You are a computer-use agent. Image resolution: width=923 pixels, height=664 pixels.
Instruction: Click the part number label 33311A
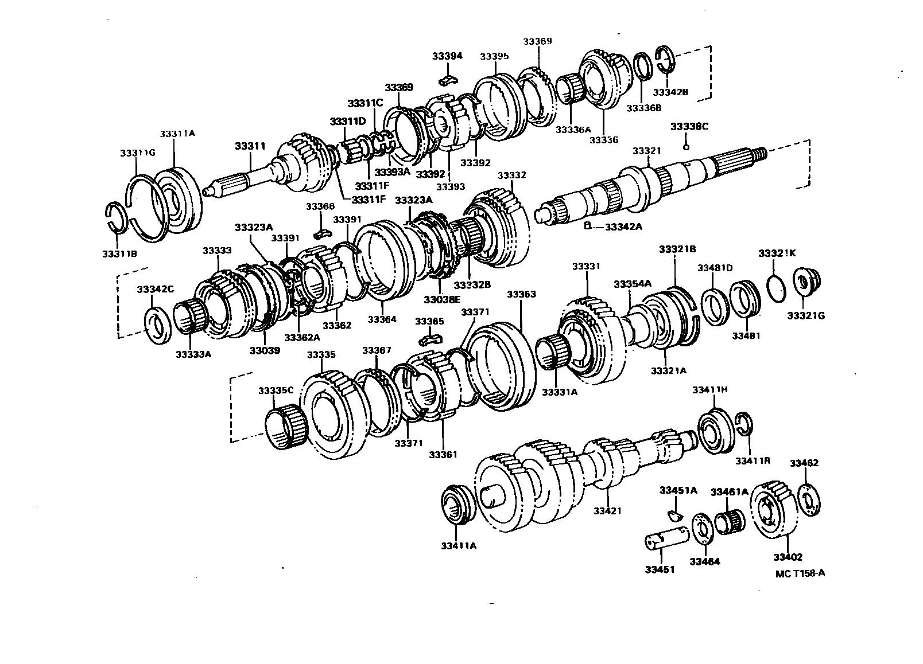click(177, 133)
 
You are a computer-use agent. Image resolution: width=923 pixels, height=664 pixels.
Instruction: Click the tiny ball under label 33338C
click(687, 146)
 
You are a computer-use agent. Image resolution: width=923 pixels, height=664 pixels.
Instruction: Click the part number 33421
click(607, 510)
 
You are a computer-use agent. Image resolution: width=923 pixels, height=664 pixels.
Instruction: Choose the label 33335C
click(276, 390)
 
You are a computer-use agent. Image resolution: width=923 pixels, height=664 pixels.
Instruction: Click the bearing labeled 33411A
click(460, 504)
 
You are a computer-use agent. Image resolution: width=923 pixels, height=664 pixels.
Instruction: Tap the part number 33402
click(788, 557)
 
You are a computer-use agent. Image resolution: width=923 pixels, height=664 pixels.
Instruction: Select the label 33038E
click(443, 299)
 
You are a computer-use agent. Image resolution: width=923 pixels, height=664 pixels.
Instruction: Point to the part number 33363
click(521, 294)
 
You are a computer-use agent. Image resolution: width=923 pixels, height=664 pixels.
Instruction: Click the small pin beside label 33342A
click(587, 226)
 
